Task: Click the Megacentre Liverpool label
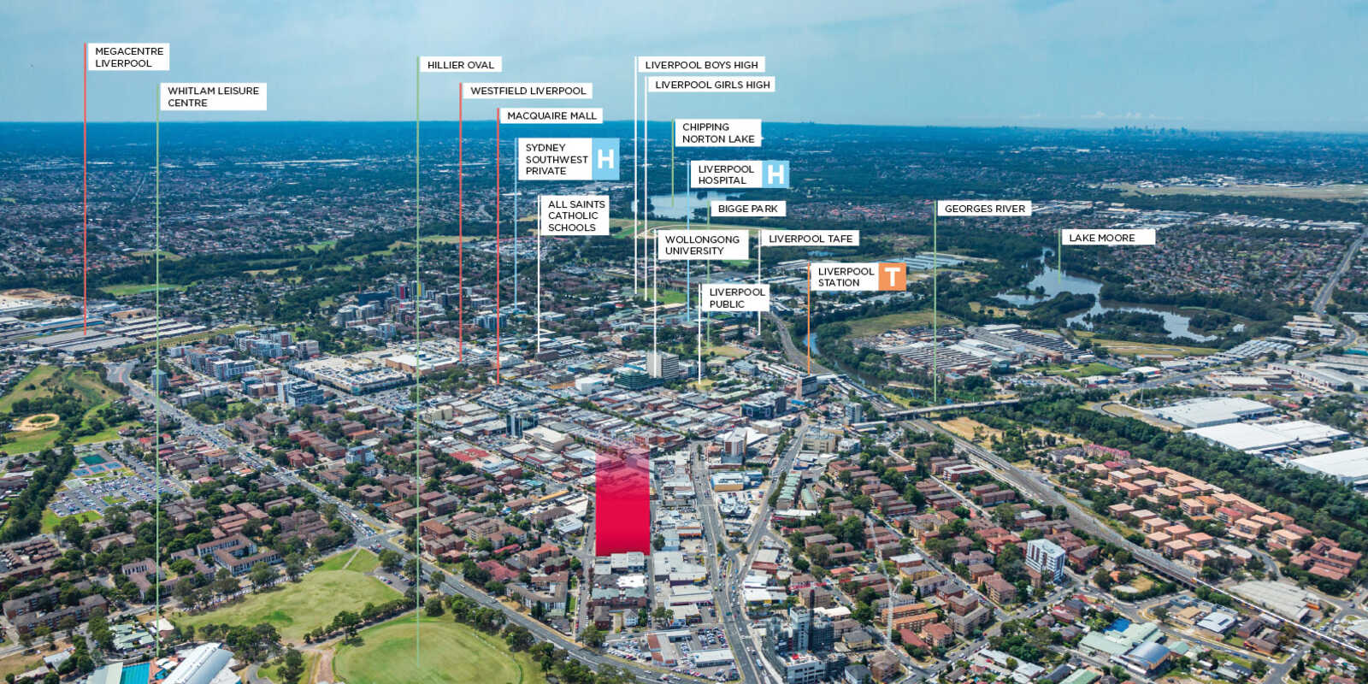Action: click(128, 56)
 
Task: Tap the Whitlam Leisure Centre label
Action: click(213, 97)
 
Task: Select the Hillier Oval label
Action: click(461, 65)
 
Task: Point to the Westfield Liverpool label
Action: click(528, 91)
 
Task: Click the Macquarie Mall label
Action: click(551, 116)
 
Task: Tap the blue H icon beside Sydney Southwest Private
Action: click(605, 159)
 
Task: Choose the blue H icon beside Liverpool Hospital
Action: click(775, 174)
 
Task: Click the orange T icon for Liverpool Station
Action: click(893, 277)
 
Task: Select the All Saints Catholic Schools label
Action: click(575, 215)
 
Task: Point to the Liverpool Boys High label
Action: click(701, 65)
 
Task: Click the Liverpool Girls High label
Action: click(712, 85)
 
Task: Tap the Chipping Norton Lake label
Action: click(718, 133)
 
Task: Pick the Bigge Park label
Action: click(747, 209)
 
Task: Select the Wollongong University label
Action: click(702, 245)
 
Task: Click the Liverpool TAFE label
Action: click(810, 239)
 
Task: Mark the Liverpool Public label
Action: click(735, 298)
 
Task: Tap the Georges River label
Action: click(984, 209)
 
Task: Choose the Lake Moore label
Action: click(1108, 238)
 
